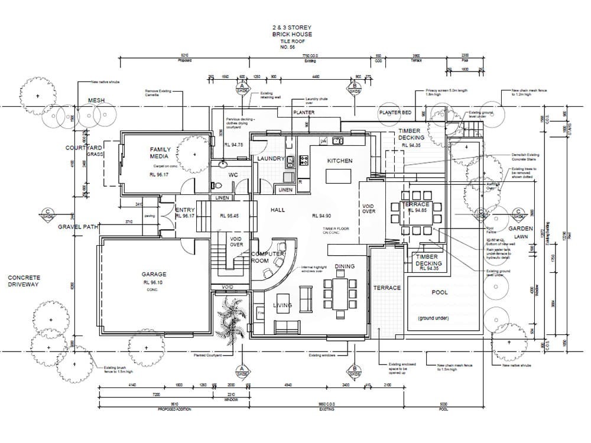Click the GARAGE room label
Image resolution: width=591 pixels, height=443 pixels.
pyautogui.click(x=154, y=274)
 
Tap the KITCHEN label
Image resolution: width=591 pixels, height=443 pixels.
pyautogui.click(x=340, y=161)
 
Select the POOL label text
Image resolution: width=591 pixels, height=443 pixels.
pyautogui.click(x=440, y=292)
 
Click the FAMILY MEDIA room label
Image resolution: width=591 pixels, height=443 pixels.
pyautogui.click(x=160, y=153)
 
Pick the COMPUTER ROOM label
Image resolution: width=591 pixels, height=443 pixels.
pyautogui.click(x=269, y=257)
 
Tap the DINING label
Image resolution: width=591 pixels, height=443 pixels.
pyautogui.click(x=345, y=266)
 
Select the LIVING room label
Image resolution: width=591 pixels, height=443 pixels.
pyautogui.click(x=282, y=305)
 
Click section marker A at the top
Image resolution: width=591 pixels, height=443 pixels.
pyautogui.click(x=241, y=87)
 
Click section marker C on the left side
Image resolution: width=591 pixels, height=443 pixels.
pyautogui.click(x=47, y=214)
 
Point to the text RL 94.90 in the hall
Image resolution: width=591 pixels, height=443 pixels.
pyautogui.click(x=321, y=216)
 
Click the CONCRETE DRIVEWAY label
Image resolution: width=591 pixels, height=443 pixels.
pyautogui.click(x=24, y=281)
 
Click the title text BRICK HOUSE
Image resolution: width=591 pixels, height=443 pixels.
pyautogui.click(x=292, y=34)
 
